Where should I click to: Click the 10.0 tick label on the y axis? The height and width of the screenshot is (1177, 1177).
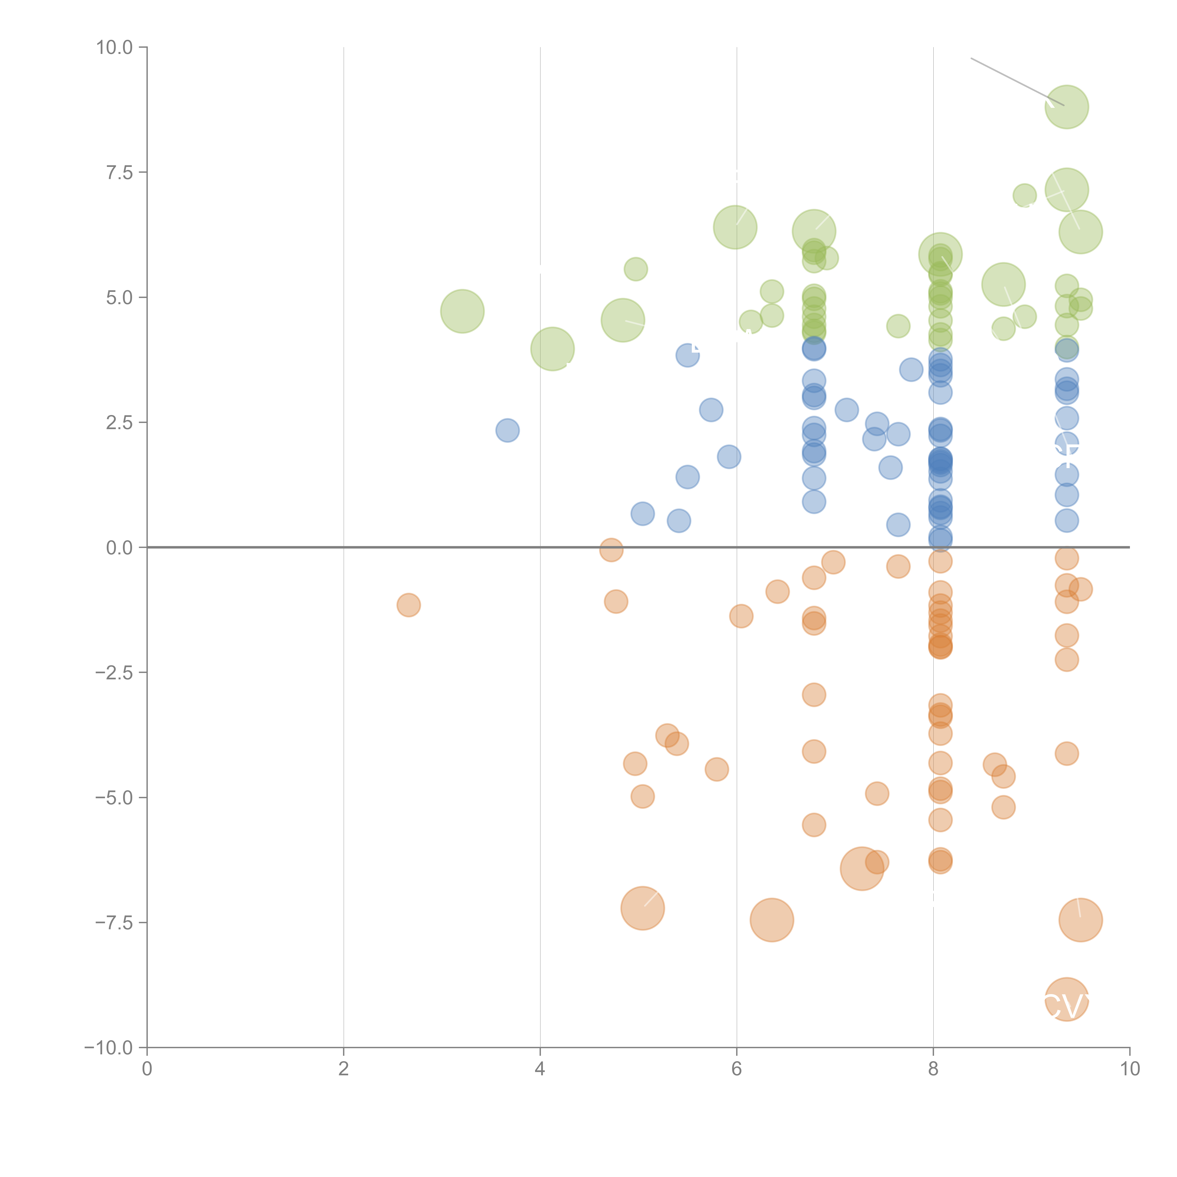pyautogui.click(x=115, y=48)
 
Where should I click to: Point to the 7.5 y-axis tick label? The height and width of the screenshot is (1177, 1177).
pyautogui.click(x=119, y=172)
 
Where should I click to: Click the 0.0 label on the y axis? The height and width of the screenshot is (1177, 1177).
pyautogui.click(x=119, y=548)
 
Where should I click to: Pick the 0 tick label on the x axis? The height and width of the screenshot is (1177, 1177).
pyautogui.click(x=147, y=1069)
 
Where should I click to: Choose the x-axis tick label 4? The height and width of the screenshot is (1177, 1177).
pyautogui.click(x=540, y=1069)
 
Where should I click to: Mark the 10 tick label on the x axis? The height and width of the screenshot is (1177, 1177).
pyautogui.click(x=1129, y=1069)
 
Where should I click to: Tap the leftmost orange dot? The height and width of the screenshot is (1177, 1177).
pyautogui.click(x=408, y=605)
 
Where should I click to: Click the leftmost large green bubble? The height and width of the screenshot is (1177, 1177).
pyautogui.click(x=462, y=311)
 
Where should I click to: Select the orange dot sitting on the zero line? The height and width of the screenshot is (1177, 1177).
pyautogui.click(x=611, y=549)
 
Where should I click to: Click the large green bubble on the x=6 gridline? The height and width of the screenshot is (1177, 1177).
pyautogui.click(x=735, y=227)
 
